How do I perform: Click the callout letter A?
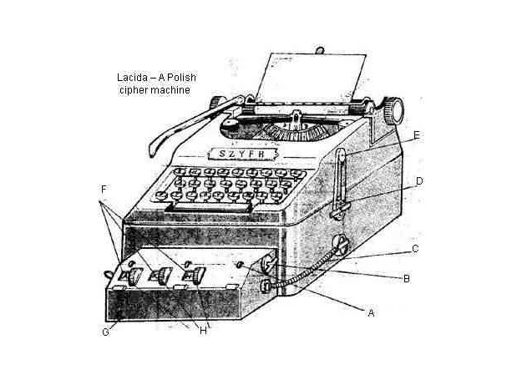coord(371,313)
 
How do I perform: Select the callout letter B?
coord(406,278)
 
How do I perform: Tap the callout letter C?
coord(415,249)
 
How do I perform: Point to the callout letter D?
coord(419,181)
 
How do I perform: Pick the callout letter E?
coord(417,135)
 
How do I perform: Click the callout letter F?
coord(104,190)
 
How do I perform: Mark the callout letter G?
coord(105,332)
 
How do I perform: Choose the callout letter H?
coord(203,331)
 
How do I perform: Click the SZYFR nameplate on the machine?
coord(243,154)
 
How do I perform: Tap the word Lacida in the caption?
coord(132,78)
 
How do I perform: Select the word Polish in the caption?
coord(181,78)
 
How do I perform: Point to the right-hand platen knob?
coord(393,111)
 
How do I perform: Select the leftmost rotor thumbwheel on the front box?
coord(134,276)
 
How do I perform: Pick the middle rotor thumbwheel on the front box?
coord(165,276)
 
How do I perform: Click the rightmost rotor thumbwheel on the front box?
coord(198,276)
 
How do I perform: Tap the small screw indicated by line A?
coord(266,286)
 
